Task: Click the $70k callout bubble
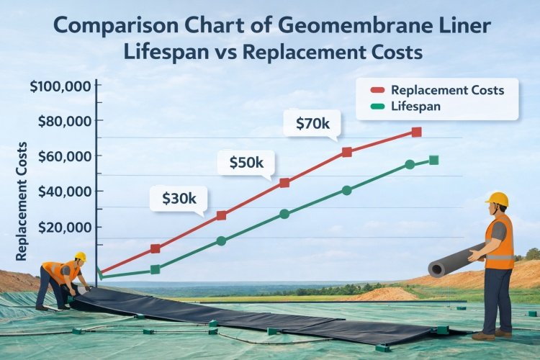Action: coord(312,124)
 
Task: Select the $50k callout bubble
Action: coord(246,163)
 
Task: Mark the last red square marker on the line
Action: coord(416,132)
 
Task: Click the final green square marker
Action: coord(433,160)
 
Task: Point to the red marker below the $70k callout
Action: coord(347,152)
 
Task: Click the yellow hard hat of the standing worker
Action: coord(498,199)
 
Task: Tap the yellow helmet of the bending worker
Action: coord(81,256)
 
